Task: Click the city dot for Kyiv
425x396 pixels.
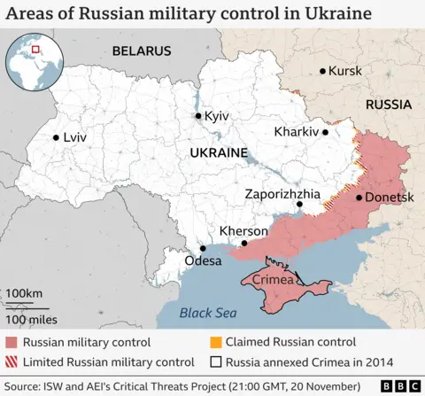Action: click(199, 116)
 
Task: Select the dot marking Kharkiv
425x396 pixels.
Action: click(326, 132)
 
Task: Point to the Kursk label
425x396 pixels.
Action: click(345, 71)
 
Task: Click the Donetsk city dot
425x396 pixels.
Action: click(358, 198)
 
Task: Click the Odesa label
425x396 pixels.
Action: click(204, 261)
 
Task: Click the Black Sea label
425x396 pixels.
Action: click(208, 313)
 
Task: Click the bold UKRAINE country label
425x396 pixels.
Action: click(218, 153)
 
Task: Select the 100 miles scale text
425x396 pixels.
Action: click(31, 319)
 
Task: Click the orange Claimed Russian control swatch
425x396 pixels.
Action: click(215, 341)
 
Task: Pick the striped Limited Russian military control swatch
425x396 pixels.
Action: click(12, 361)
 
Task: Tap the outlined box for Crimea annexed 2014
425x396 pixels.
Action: click(215, 361)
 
